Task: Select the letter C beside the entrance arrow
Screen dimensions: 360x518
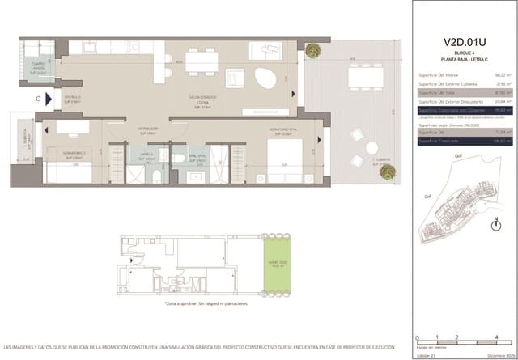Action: tap(38, 99)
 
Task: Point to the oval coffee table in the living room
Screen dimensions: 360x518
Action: tap(264, 79)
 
